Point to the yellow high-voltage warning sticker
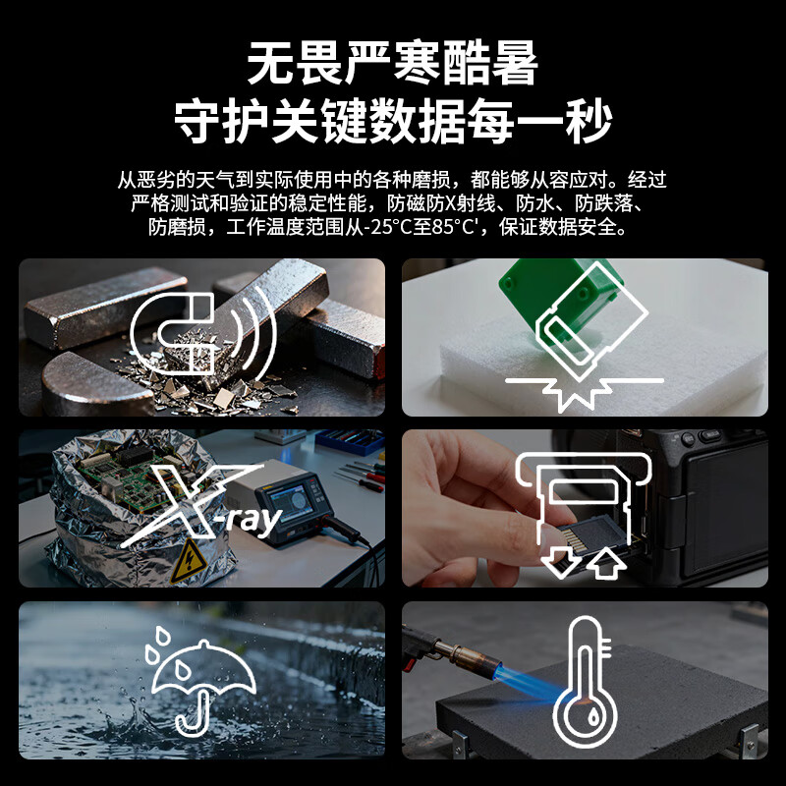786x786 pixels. point(189,561)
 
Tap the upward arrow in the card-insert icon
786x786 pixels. point(607,561)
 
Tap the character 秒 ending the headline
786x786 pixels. point(589,121)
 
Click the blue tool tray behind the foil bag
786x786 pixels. point(350,441)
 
